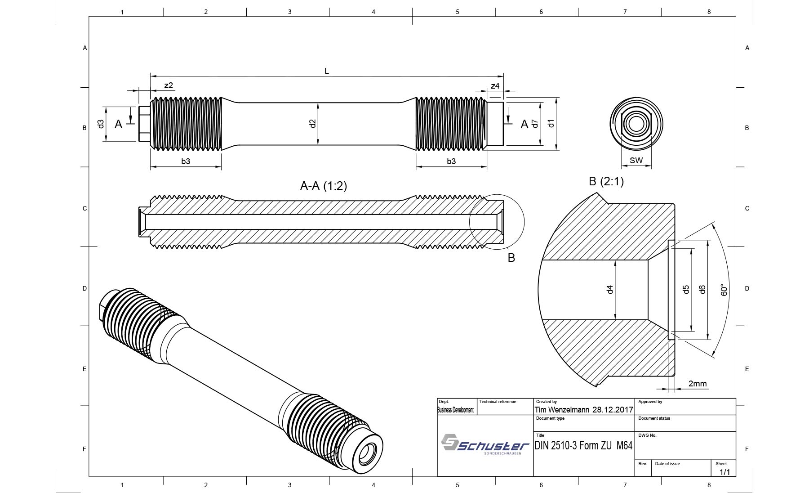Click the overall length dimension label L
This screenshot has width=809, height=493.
pos(327,71)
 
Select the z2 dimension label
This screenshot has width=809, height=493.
pos(169,85)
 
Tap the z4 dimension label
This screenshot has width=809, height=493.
pos(495,85)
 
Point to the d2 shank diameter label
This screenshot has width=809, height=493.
pos(313,123)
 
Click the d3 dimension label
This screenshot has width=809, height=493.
pos(101,123)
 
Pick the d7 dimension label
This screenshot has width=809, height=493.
pos(535,123)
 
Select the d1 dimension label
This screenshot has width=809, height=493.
pos(551,123)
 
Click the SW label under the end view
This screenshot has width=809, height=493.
pos(636,160)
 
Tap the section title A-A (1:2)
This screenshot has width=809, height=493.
pos(324,186)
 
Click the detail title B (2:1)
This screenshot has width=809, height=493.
pos(606,181)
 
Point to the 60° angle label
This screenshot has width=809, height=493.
pos(724,290)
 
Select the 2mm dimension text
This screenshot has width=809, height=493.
pos(698,384)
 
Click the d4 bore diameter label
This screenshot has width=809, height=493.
pos(610,290)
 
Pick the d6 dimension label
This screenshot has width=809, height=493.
pos(702,290)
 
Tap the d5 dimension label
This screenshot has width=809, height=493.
pos(686,290)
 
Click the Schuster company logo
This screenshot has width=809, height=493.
pos(485,444)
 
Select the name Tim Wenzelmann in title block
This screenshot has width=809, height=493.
pos(562,410)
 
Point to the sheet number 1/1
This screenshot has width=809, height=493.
pos(725,472)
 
